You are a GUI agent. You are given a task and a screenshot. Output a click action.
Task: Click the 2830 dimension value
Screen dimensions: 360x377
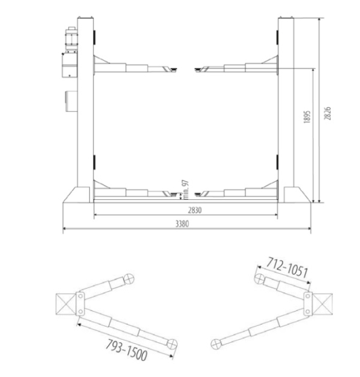(x=194, y=210)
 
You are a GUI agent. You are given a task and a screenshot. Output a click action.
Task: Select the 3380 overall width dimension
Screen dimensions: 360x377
(x=182, y=224)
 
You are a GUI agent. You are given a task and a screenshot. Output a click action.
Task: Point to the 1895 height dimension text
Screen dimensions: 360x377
(x=307, y=117)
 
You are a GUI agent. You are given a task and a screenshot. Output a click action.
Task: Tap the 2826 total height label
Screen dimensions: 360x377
(x=327, y=113)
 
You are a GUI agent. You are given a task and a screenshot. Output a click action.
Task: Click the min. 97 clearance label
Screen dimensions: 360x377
(x=186, y=190)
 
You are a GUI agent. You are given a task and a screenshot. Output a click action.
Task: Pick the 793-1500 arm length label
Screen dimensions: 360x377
(x=127, y=350)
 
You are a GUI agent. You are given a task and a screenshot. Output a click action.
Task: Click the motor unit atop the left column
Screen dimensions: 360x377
(x=70, y=52)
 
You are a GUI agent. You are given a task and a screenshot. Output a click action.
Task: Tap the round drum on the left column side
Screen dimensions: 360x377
(x=71, y=101)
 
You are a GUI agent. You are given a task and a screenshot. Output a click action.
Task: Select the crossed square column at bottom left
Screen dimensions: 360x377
(x=65, y=304)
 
